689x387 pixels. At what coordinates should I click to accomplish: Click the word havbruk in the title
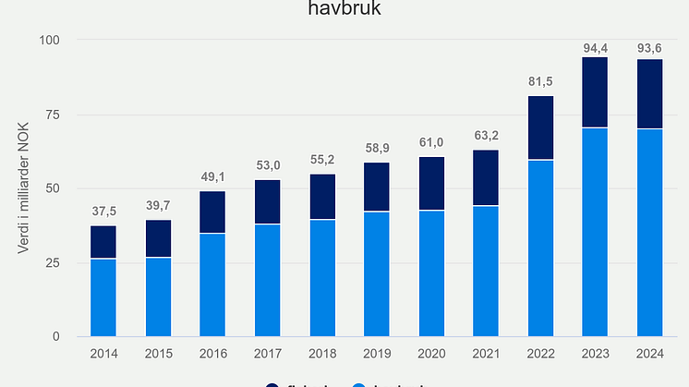point(344,10)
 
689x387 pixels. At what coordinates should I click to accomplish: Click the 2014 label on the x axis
point(103,353)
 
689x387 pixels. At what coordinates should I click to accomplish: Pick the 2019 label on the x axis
point(377,353)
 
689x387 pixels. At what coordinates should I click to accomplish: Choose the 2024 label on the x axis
point(650,353)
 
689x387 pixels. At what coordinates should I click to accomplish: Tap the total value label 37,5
point(103,212)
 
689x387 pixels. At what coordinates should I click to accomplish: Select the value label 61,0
point(431,142)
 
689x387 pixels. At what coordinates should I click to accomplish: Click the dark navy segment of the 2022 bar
point(540,127)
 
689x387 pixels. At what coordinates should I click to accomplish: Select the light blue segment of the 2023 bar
point(596,232)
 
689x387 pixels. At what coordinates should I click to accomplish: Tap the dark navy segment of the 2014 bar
point(103,242)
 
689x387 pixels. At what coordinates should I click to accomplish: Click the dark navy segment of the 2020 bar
point(431,184)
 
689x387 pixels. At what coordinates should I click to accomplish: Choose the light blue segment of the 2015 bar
point(158,296)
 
